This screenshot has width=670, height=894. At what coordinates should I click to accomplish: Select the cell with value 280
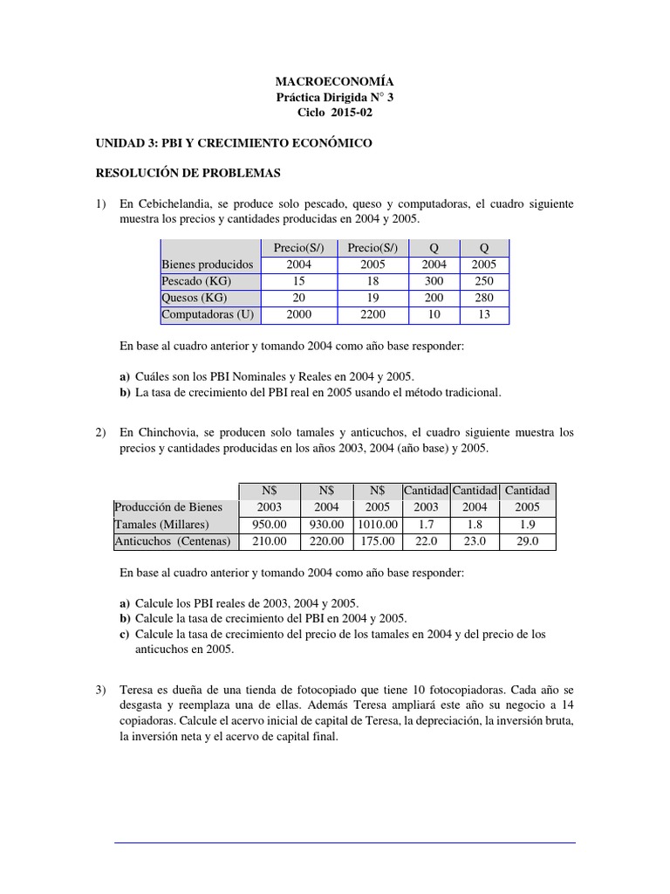pyautogui.click(x=483, y=298)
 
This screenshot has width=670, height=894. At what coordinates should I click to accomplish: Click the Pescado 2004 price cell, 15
pyautogui.click(x=297, y=281)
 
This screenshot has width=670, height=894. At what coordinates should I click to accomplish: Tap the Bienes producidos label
pyautogui.click(x=207, y=265)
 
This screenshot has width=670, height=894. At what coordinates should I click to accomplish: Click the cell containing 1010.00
pyautogui.click(x=376, y=525)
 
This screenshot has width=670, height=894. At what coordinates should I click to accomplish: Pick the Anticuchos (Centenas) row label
pyautogui.click(x=172, y=541)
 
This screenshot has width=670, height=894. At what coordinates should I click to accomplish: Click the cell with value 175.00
pyautogui.click(x=376, y=541)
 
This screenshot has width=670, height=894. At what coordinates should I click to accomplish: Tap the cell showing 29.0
pyautogui.click(x=528, y=541)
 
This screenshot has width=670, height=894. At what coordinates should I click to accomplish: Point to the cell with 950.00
pyautogui.click(x=269, y=525)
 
